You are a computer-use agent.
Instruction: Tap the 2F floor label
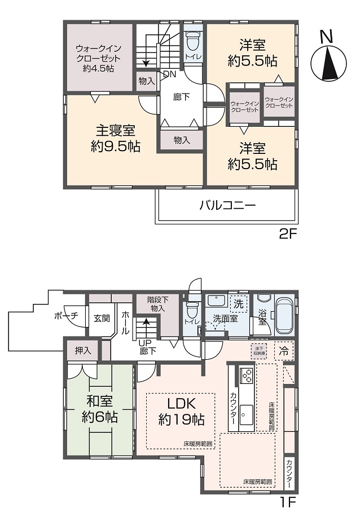288,234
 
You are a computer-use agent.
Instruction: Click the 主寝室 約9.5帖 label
115,139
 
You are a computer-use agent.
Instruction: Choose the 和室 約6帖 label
99,409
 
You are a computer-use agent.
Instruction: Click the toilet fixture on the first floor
192,310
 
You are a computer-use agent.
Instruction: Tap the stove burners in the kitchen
247,375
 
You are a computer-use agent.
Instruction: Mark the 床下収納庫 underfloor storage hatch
258,351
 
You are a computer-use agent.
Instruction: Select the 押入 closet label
82,350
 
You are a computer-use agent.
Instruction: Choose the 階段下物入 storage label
157,304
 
